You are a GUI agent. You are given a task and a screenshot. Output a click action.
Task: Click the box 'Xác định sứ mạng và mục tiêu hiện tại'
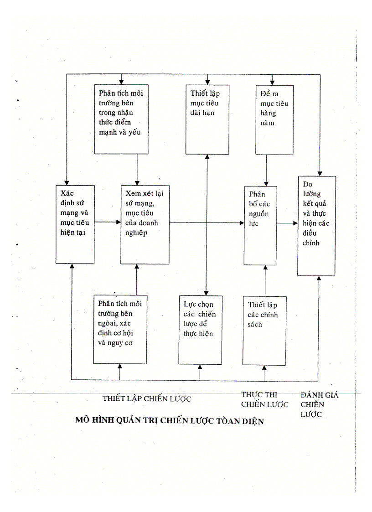[x=75, y=222]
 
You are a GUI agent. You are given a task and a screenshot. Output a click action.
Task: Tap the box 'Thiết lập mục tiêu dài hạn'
[x=207, y=119]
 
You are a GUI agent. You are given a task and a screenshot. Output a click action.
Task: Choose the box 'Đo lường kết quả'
[x=317, y=225]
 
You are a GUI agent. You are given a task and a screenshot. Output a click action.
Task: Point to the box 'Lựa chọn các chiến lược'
[x=201, y=330]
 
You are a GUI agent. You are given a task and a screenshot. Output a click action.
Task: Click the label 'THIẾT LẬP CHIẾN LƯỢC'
[x=146, y=399]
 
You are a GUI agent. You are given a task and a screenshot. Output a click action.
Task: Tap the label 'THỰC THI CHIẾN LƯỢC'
[x=264, y=399]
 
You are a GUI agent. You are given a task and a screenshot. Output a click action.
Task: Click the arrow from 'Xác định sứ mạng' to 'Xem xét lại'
[x=108, y=222]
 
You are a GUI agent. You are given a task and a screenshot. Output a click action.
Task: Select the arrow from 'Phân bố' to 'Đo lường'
[x=288, y=223]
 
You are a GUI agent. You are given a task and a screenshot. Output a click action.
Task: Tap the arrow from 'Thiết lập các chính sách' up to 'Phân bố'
[x=265, y=280]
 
